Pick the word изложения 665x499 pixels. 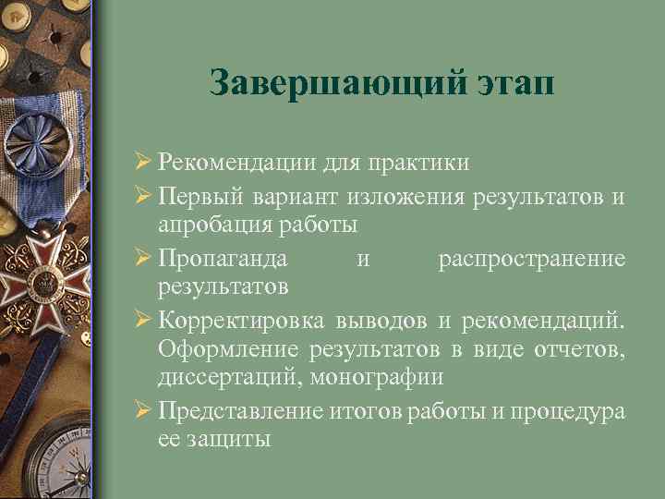tap(408, 196)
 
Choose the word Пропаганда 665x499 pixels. tap(223, 258)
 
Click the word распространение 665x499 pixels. tap(532, 258)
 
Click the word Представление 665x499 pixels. tap(242, 411)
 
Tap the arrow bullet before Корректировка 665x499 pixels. tap(143, 320)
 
